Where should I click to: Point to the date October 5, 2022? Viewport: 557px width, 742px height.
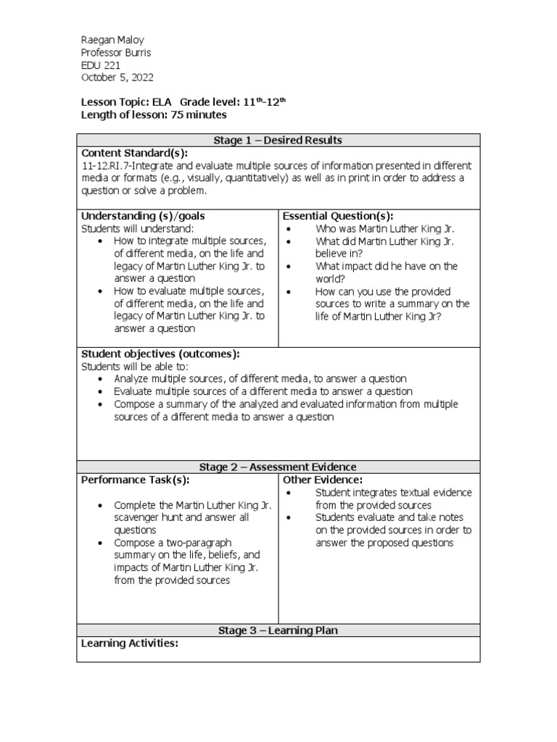(x=117, y=78)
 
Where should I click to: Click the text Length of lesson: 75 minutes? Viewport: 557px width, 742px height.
(x=154, y=114)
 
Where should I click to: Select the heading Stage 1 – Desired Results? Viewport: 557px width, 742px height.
(x=278, y=140)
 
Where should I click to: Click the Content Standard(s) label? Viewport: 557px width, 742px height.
(x=134, y=153)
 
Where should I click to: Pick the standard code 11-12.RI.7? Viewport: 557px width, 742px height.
(x=108, y=166)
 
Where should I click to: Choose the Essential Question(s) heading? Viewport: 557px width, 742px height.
(x=338, y=216)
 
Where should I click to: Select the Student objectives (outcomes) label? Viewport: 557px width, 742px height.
(x=160, y=354)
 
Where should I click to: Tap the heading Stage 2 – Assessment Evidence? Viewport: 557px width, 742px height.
(x=278, y=467)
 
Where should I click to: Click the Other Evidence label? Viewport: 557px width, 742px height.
(x=323, y=480)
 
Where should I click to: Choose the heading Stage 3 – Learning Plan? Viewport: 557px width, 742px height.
(x=278, y=630)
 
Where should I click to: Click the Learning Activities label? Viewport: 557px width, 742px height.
(x=130, y=643)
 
